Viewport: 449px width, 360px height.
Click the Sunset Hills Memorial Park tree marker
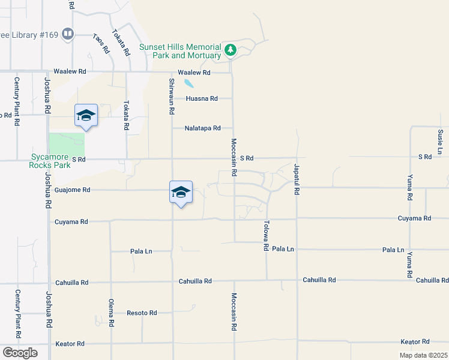pos(230,50)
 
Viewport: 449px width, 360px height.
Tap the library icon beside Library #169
pos(68,34)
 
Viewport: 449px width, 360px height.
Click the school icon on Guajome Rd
pos(181,192)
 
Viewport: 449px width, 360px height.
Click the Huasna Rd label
pos(202,98)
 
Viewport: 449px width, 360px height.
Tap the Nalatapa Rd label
pos(203,128)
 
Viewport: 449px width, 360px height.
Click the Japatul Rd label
pos(297,179)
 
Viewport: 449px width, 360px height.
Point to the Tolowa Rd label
pos(265,235)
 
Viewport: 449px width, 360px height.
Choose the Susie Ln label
pos(441,140)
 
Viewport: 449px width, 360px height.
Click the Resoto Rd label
pos(142,313)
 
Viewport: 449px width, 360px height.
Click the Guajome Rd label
pos(73,190)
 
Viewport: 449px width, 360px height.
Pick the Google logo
pos(19,353)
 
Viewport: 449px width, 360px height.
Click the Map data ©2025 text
pos(423,355)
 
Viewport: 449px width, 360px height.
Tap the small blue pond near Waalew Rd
pos(189,83)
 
